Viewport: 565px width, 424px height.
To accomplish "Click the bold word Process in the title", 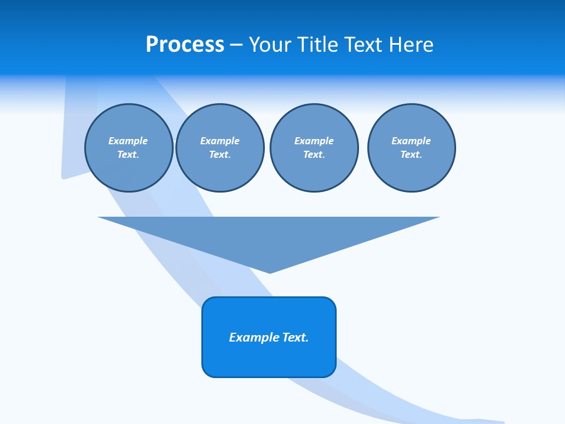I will (185, 45).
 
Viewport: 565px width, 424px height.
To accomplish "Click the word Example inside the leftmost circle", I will (128, 141).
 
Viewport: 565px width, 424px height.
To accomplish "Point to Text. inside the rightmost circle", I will (411, 154).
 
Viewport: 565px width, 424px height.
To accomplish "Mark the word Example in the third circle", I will (314, 141).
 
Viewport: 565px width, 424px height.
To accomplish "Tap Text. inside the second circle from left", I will (220, 154).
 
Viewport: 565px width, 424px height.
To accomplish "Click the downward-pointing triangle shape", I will (269, 236).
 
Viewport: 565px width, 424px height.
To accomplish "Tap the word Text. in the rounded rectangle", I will (295, 337).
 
